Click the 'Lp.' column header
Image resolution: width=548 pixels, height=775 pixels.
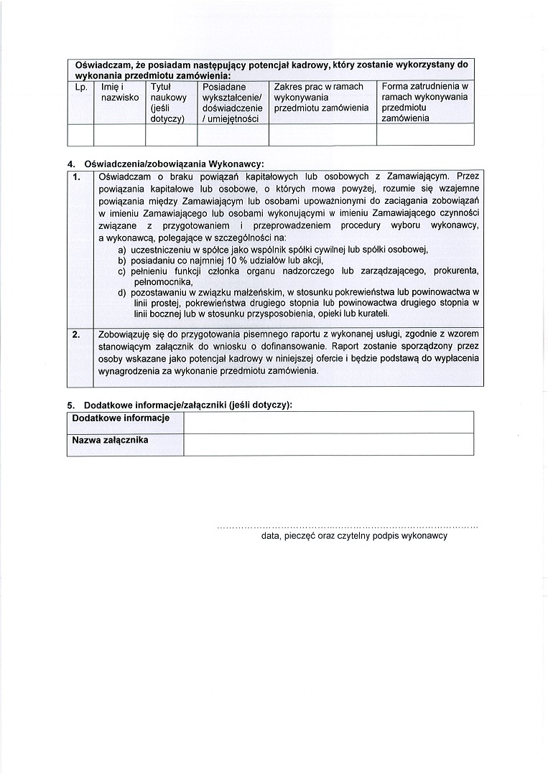click(x=80, y=87)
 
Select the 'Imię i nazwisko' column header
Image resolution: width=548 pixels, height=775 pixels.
click(x=120, y=92)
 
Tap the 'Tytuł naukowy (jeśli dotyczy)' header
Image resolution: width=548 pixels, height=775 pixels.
click(x=169, y=103)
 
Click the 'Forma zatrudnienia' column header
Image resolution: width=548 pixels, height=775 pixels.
click(x=425, y=103)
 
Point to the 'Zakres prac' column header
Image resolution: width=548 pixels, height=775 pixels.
click(x=321, y=97)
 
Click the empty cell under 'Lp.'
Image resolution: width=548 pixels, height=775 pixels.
click(x=80, y=134)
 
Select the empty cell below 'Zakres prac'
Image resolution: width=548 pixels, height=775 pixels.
click(x=322, y=134)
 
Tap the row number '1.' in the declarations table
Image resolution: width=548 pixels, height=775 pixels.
click(x=78, y=177)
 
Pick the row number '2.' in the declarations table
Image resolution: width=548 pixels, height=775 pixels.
click(x=78, y=334)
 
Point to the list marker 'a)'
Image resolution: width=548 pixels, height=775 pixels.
click(x=123, y=249)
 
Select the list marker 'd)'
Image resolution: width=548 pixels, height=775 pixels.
click(x=123, y=293)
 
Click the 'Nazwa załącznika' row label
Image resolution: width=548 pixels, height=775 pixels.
click(x=110, y=440)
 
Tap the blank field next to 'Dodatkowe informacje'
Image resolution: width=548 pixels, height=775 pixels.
click(x=328, y=422)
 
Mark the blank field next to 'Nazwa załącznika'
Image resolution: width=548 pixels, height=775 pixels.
click(x=328, y=444)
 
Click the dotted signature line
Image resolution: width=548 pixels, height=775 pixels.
click(x=347, y=527)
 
